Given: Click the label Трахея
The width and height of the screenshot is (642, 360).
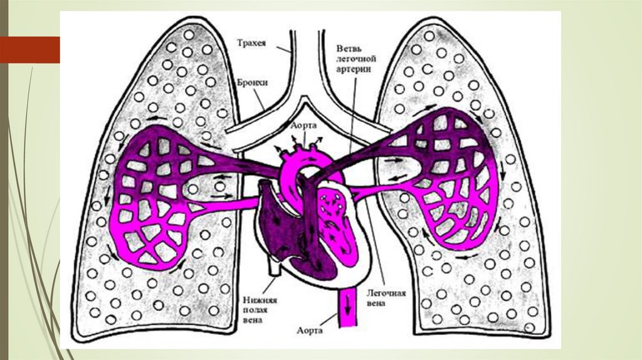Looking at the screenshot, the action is (x=251, y=43).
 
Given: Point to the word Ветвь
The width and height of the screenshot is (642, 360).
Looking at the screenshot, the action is (x=349, y=48).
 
